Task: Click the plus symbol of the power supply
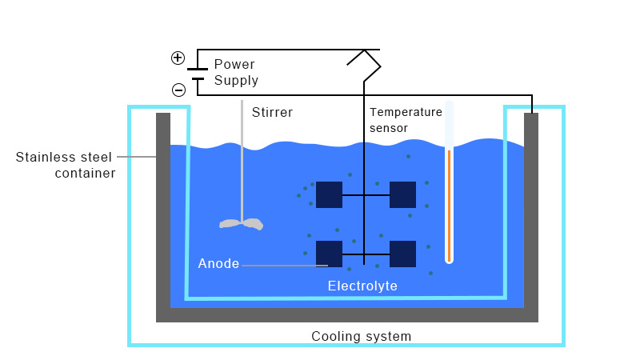pos(178,58)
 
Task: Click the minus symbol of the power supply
pos(178,89)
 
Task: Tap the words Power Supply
pos(236,72)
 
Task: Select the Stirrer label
pos(272,113)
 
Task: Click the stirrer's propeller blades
pos(242,223)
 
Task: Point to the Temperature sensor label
pos(406,120)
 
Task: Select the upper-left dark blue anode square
pos(329,194)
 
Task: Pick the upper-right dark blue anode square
pos(402,194)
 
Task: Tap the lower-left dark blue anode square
pos(329,254)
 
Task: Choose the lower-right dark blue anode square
pos(402,254)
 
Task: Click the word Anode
pos(218,264)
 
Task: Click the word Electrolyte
pos(362,286)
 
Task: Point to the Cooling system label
pos(361,336)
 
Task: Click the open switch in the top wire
pos(365,61)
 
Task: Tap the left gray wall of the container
pos(163,208)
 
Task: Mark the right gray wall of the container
pos(530,208)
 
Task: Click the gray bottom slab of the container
pos(346,315)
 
